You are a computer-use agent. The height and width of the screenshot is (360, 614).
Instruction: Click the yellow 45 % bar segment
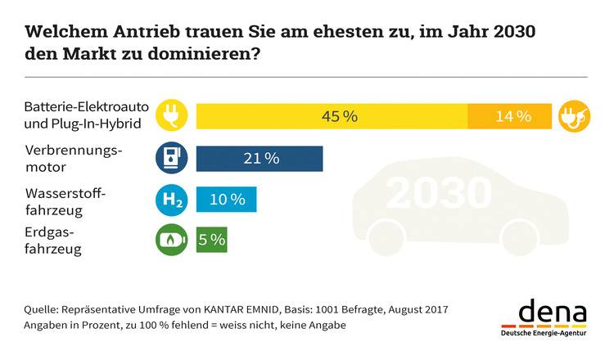[332, 116]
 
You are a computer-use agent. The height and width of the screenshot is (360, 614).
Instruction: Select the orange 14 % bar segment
[509, 116]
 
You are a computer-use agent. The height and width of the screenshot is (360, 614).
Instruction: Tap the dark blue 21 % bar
[260, 159]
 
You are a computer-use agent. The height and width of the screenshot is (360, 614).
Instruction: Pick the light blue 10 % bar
[227, 200]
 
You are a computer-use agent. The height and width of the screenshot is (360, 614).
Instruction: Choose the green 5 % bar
[211, 241]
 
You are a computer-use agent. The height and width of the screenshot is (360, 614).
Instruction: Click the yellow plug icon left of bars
[172, 116]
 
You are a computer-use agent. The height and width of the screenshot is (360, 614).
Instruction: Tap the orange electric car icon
[574, 116]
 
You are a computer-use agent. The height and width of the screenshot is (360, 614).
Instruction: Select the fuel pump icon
[172, 159]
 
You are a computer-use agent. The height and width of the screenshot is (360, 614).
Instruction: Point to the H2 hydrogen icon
[172, 200]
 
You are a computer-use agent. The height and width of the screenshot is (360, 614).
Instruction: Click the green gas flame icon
[172, 241]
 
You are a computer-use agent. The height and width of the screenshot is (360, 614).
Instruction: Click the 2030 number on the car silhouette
[439, 194]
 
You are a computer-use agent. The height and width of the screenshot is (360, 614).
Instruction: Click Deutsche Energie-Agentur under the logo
[544, 334]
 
